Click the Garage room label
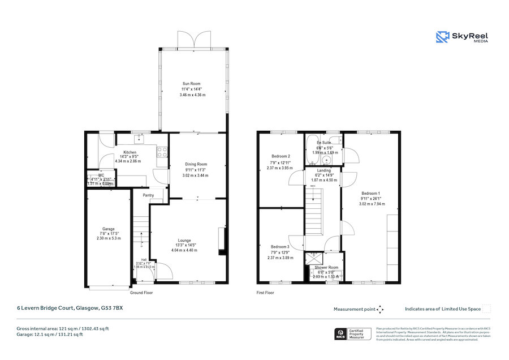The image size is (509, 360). (x=109, y=229)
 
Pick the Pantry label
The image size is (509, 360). (x=148, y=195)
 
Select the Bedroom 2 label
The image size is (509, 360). (x=281, y=156)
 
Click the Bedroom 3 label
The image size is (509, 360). (x=279, y=247)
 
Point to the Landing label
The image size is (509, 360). (x=324, y=170)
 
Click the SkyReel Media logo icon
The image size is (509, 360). (x=442, y=37)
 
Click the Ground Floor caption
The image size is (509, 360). (x=141, y=293)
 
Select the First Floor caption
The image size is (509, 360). (x=265, y=293)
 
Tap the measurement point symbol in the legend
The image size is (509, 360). (x=380, y=309)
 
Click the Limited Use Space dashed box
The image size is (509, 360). (x=486, y=309)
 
